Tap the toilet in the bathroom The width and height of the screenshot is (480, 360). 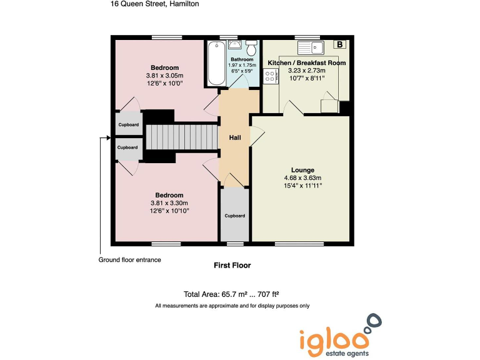(252, 48)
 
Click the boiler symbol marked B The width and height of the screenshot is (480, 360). (339, 44)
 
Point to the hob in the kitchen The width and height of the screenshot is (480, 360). (271, 76)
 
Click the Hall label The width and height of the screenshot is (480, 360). (234, 137)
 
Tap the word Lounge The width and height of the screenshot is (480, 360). (302, 170)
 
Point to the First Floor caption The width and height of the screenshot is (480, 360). (232, 266)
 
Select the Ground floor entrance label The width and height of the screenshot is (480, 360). (129, 260)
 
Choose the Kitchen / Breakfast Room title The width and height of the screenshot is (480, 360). (306, 63)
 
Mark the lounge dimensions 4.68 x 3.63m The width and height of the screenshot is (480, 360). (302, 177)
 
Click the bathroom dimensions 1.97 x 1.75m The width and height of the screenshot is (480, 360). (242, 65)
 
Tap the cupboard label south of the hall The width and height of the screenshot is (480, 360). (234, 216)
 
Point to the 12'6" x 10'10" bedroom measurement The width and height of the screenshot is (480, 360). (169, 211)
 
